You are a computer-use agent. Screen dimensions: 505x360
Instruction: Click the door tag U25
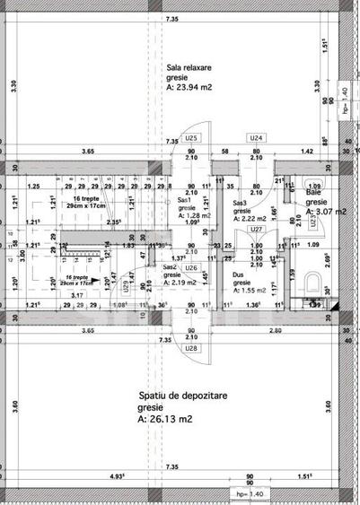[x=190, y=138]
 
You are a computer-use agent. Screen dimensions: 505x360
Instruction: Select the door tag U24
[x=256, y=138]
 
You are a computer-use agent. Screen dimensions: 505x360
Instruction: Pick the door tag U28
[x=190, y=347]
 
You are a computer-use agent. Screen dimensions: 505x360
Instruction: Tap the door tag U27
[x=256, y=229]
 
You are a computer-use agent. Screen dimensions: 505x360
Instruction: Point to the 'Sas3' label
[x=240, y=204]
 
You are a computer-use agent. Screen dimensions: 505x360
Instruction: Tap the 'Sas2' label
[x=169, y=267]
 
